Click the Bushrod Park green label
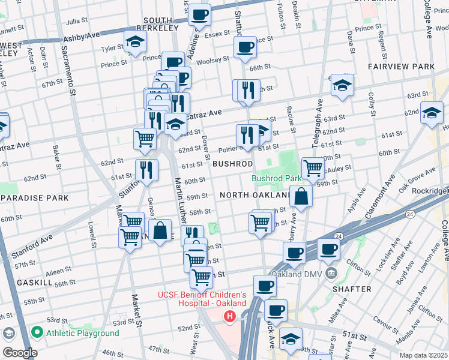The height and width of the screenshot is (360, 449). coord(276,178)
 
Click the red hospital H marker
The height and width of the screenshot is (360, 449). coord(228,316)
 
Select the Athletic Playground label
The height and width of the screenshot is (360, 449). coord(83,333)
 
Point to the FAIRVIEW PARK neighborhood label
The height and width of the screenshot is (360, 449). coord(402,66)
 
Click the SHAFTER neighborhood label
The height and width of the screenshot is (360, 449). coord(351,289)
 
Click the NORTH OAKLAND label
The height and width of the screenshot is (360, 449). coord(255,195)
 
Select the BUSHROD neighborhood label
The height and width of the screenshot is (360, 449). coord(232,163)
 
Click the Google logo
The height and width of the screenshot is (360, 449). coord(19,353)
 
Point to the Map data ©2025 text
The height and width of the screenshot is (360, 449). coord(423,355)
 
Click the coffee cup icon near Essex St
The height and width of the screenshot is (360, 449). coord(199,14)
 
